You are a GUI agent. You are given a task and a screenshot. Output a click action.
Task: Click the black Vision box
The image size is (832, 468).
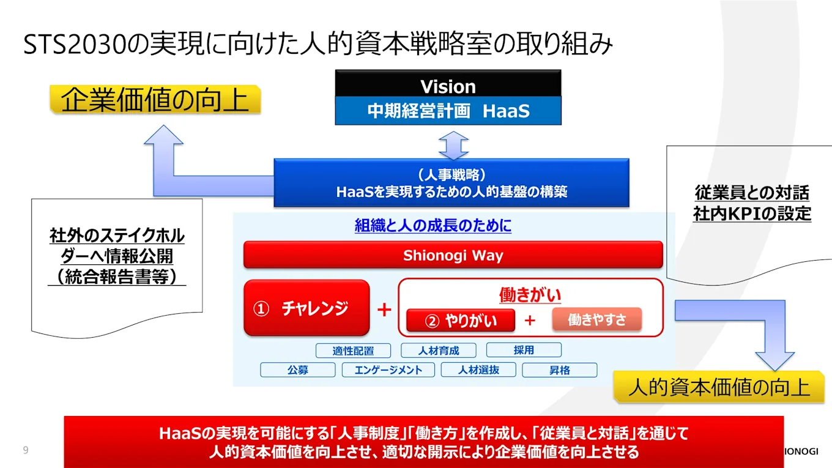tap(448, 86)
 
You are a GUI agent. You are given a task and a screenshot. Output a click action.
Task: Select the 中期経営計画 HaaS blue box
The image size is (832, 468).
tap(448, 111)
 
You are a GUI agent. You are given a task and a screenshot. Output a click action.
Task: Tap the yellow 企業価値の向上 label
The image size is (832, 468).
tap(155, 100)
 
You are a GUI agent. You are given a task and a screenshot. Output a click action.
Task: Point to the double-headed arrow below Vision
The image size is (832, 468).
tap(453, 146)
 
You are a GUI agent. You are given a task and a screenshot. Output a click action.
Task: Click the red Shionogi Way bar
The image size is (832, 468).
tap(453, 255)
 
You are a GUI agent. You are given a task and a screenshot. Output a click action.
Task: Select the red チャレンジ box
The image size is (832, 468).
tap(306, 308)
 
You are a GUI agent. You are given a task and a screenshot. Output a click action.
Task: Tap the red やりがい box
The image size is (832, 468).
tap(461, 321)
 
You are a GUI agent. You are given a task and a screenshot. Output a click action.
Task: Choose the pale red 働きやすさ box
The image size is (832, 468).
tap(596, 319)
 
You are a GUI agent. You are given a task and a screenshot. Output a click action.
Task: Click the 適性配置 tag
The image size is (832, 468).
tap(353, 351)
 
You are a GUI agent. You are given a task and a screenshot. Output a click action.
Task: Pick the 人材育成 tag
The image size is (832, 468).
tap(439, 351)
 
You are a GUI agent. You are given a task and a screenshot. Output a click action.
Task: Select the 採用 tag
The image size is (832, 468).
tap(524, 350)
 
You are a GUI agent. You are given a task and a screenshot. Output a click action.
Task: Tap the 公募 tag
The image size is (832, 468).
tap(297, 370)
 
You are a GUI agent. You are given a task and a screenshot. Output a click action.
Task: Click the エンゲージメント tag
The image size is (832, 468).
tap(388, 370)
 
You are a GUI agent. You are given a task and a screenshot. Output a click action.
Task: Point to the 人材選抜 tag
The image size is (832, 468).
tap(478, 370)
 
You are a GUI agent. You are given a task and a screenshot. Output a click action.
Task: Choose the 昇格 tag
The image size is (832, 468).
tap(559, 370)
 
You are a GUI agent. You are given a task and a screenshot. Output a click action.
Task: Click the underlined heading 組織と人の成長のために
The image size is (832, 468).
tap(433, 226)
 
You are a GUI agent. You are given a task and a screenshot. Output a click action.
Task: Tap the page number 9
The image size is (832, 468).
tap(26, 450)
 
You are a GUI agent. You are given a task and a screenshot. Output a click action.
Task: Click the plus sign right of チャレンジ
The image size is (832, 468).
tap(384, 310)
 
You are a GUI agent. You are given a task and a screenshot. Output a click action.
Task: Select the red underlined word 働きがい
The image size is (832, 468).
tap(530, 295)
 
